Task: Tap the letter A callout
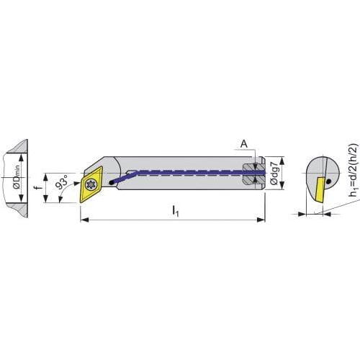244,144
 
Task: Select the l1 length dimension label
176,211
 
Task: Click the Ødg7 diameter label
274,174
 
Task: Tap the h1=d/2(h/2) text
354,170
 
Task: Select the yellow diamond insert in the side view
91,184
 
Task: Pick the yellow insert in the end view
320,189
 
